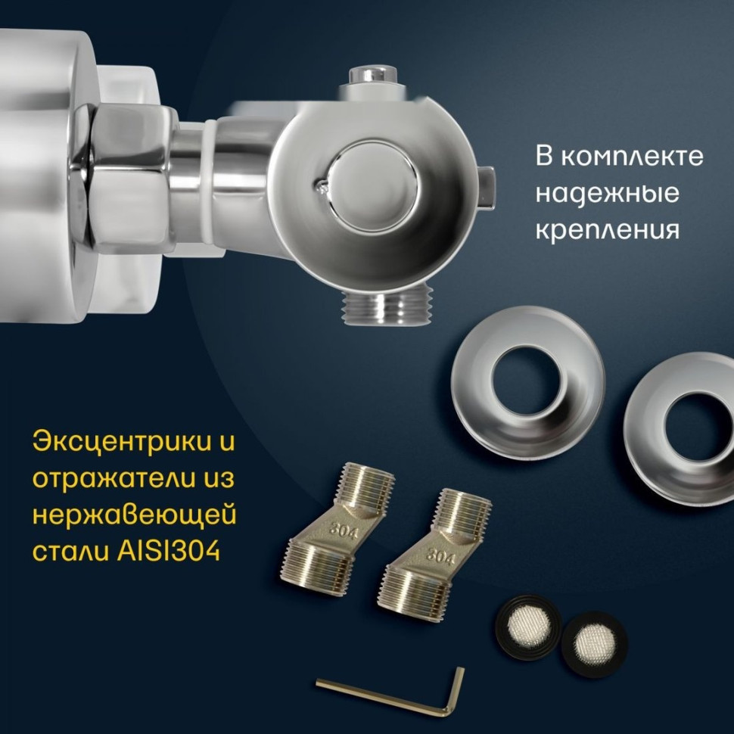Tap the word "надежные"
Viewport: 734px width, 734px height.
point(607,193)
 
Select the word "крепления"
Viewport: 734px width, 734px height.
point(607,229)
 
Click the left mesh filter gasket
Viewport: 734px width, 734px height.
point(527,627)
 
